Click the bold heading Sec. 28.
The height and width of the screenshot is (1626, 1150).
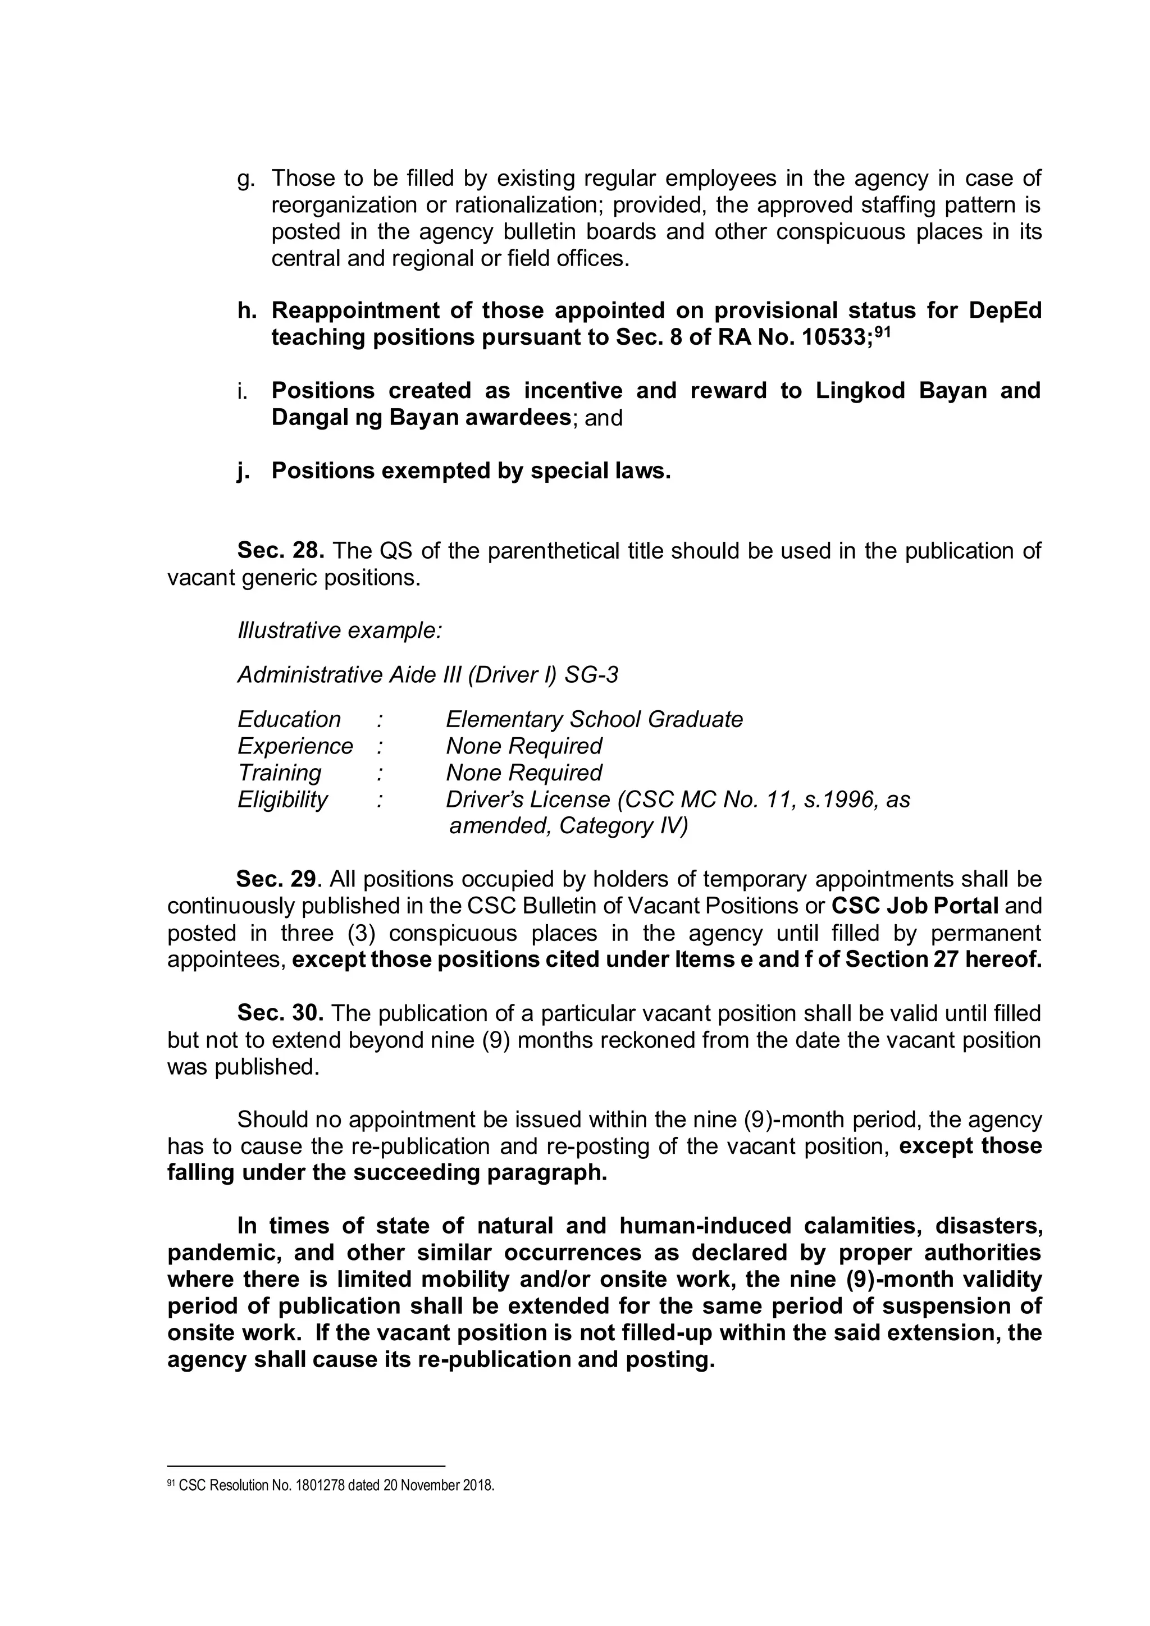tap(280, 550)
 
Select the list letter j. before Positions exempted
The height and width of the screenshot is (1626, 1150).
tap(244, 471)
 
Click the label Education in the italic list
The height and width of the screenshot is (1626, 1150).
tap(289, 720)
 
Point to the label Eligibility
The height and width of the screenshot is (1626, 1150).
tap(282, 800)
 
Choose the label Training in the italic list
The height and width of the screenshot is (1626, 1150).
tap(279, 773)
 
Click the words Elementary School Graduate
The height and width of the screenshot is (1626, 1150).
tap(594, 720)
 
